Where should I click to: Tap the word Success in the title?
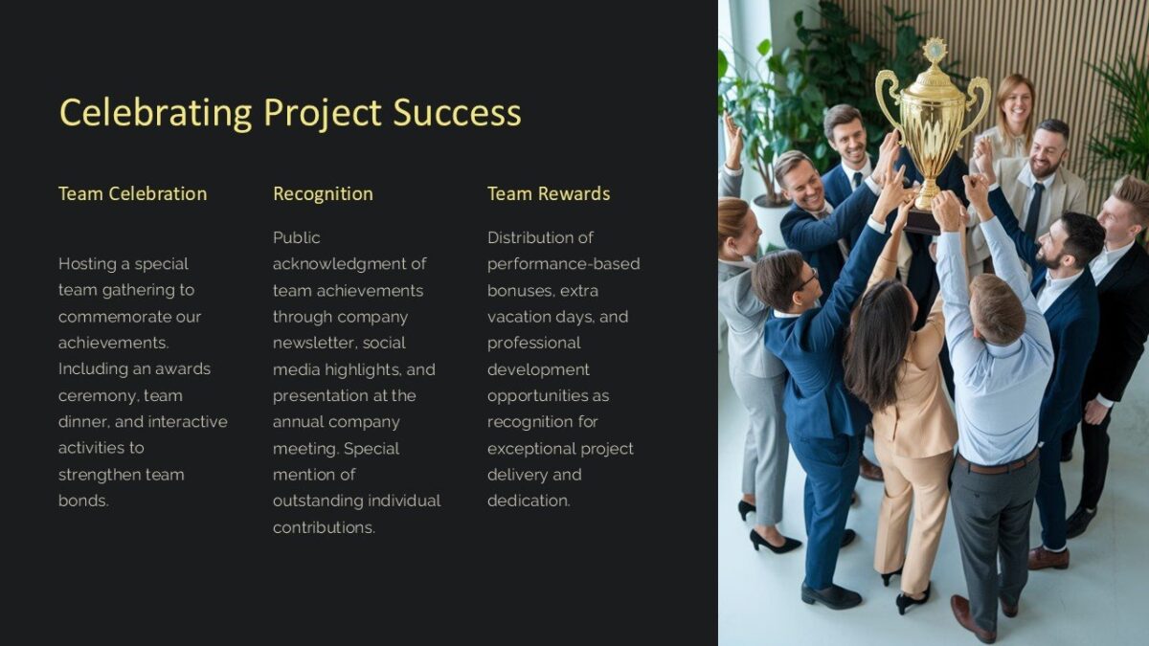[x=457, y=113]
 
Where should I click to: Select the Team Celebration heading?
[x=132, y=193]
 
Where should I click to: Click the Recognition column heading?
[x=323, y=193]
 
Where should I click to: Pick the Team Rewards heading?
[x=548, y=193]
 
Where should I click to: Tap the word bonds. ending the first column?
[x=83, y=501]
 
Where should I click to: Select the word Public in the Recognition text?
[x=297, y=237]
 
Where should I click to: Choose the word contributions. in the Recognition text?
[x=324, y=527]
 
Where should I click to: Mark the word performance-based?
[x=563, y=264]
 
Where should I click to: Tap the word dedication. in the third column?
[x=529, y=501]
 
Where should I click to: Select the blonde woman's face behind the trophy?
[x=1015, y=104]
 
